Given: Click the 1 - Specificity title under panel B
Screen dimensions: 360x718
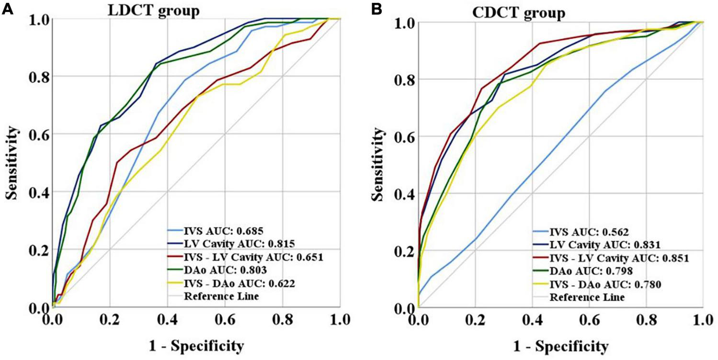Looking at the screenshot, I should [x=560, y=346].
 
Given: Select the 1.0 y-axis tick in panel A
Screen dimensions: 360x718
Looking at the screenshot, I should [x=36, y=19].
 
